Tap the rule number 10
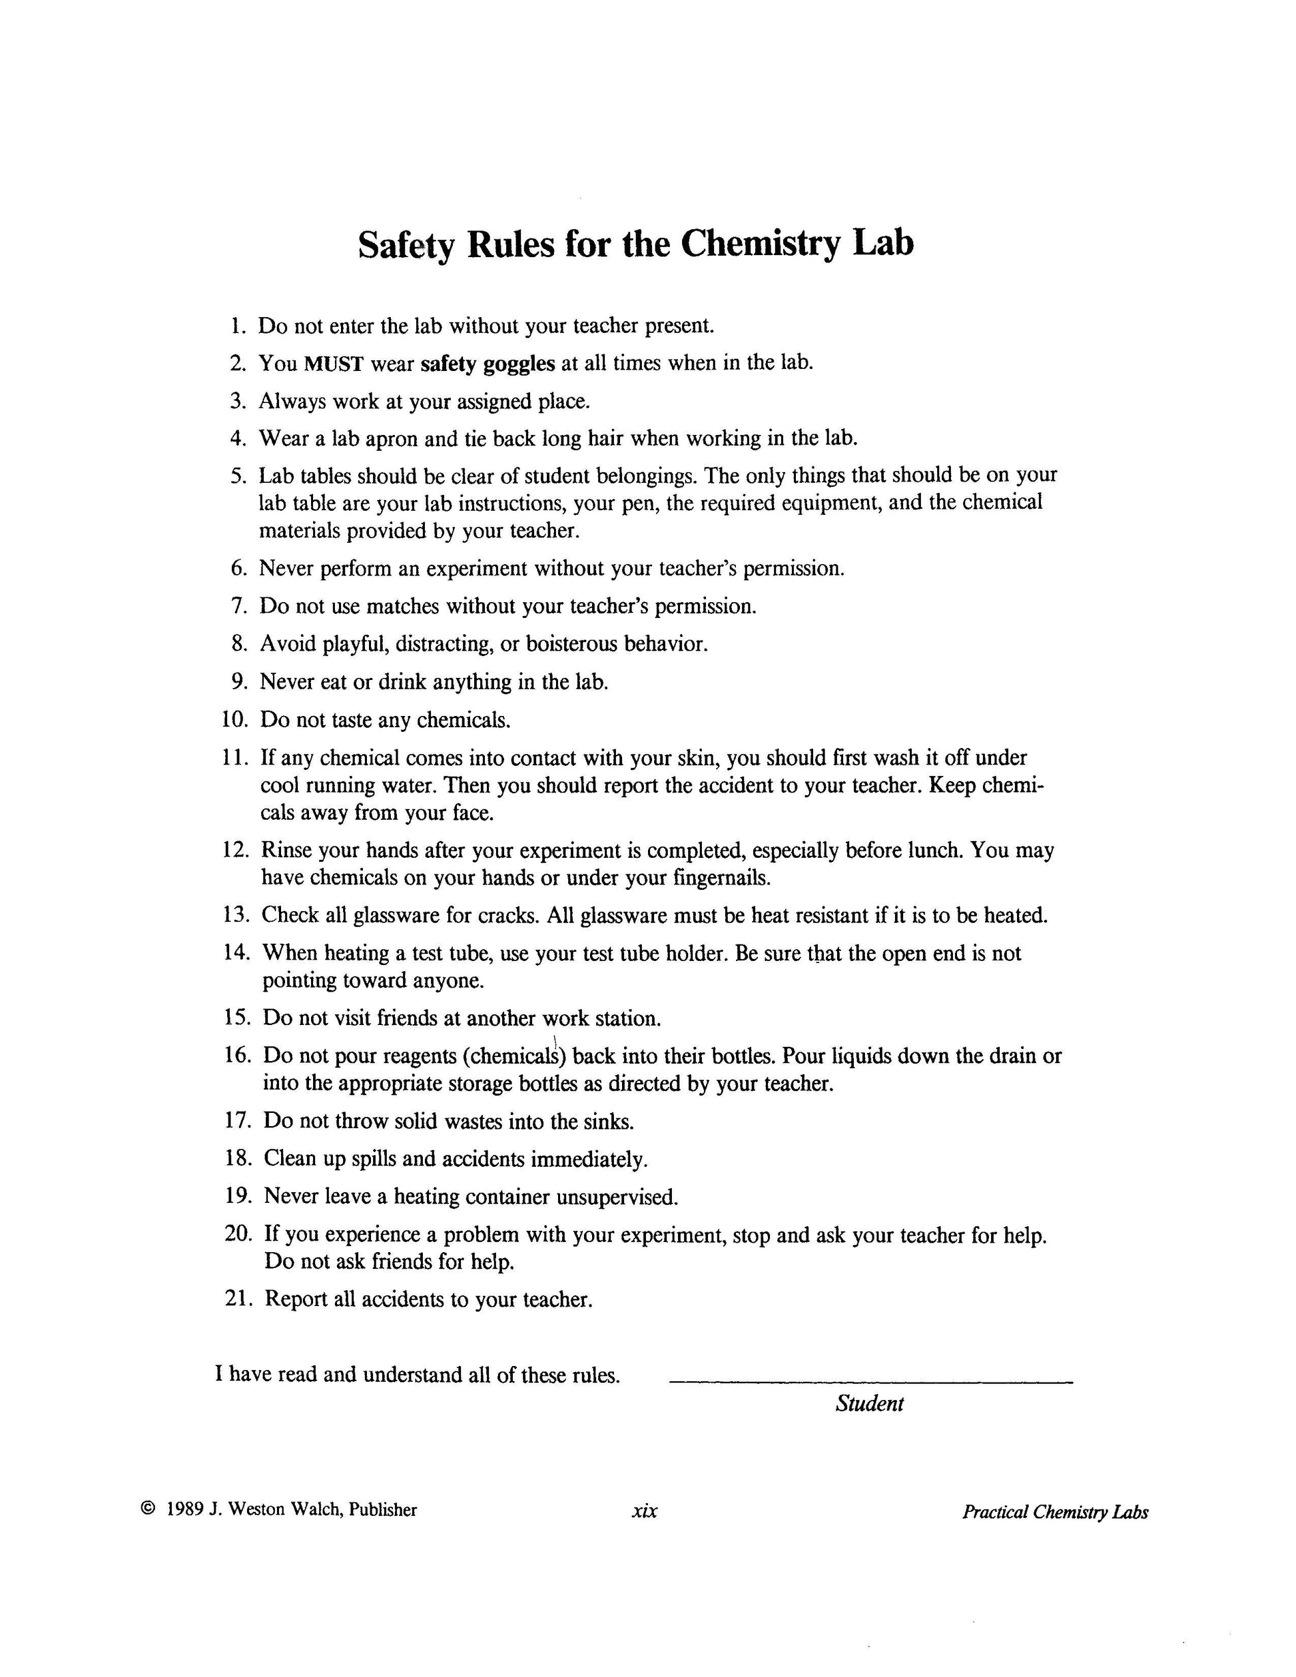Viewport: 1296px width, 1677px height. click(x=234, y=719)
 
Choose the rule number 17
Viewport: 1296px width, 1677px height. click(x=238, y=1120)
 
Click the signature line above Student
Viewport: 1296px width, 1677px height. click(x=870, y=1382)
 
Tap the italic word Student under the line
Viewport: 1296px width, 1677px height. click(x=869, y=1404)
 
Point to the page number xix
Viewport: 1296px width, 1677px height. click(x=644, y=1511)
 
